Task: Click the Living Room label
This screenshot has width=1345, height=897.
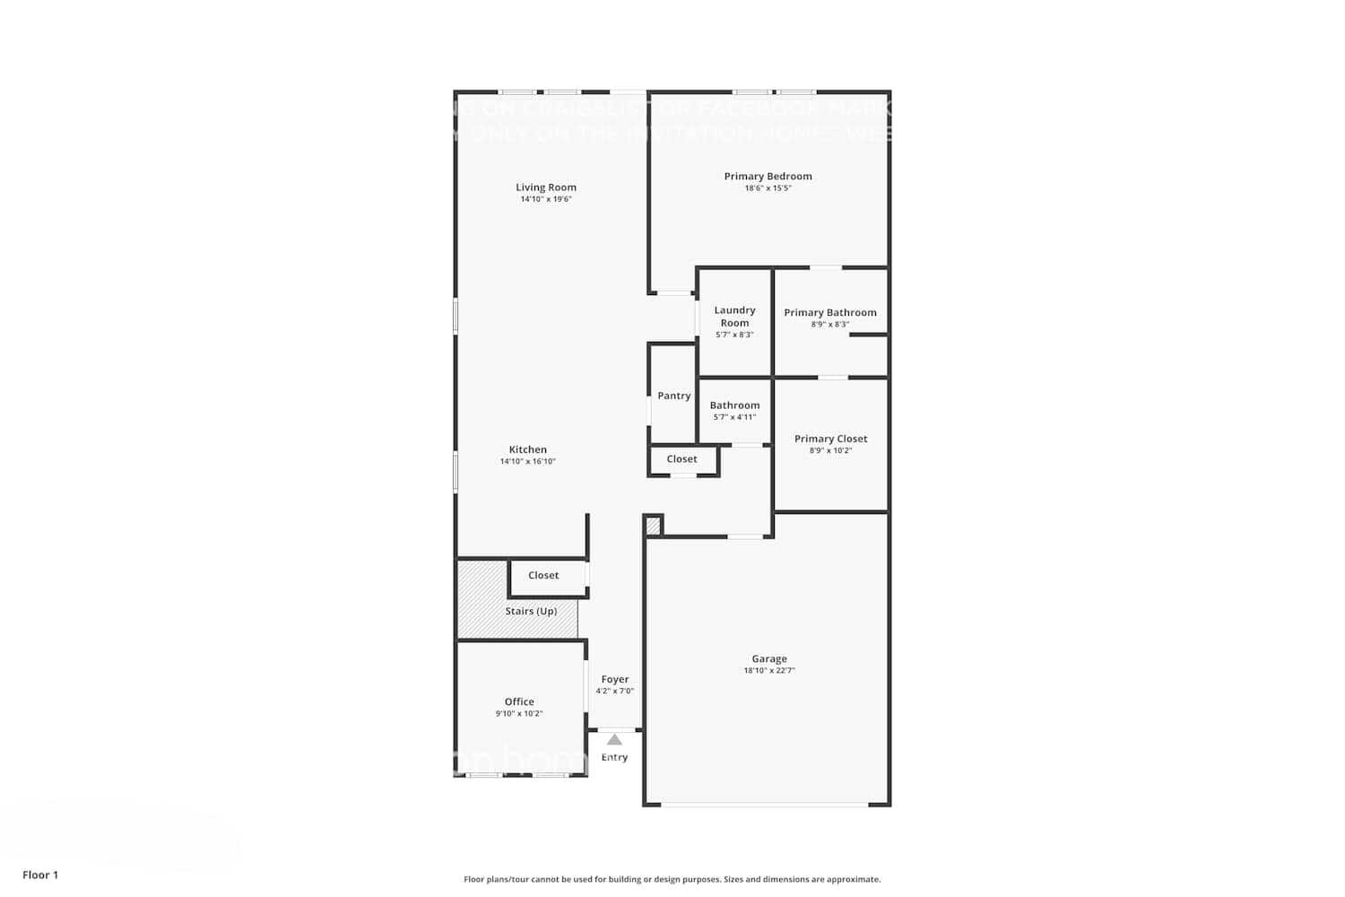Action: coord(545,187)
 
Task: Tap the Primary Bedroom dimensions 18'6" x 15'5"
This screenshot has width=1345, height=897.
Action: coord(768,188)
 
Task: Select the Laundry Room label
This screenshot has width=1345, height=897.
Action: coord(734,317)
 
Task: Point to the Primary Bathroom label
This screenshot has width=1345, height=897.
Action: coord(830,312)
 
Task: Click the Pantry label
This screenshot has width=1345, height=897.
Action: coord(673,396)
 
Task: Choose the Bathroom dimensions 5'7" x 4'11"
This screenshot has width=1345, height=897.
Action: coord(734,417)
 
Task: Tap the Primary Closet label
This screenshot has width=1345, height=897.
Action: coord(830,439)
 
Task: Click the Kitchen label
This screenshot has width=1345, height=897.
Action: coord(527,449)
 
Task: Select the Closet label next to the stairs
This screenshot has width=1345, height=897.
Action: coord(543,575)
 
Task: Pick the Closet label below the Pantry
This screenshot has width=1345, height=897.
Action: coord(681,458)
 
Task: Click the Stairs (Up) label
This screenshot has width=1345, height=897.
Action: coord(531,611)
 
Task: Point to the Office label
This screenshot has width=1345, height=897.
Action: coord(519,701)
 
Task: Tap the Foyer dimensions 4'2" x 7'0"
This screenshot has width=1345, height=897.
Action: coord(615,691)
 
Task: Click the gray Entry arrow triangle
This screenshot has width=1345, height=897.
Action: coord(614,740)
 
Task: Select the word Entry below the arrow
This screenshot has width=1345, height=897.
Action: coord(614,757)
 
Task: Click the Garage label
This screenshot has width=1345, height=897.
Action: coord(769,658)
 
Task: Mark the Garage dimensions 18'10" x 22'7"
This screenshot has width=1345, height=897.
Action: coord(769,670)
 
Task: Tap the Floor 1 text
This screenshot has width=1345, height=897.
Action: coord(40,875)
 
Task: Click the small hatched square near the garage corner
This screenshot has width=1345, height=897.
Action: coord(653,526)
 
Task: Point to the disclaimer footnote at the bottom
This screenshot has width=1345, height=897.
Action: coord(672,879)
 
